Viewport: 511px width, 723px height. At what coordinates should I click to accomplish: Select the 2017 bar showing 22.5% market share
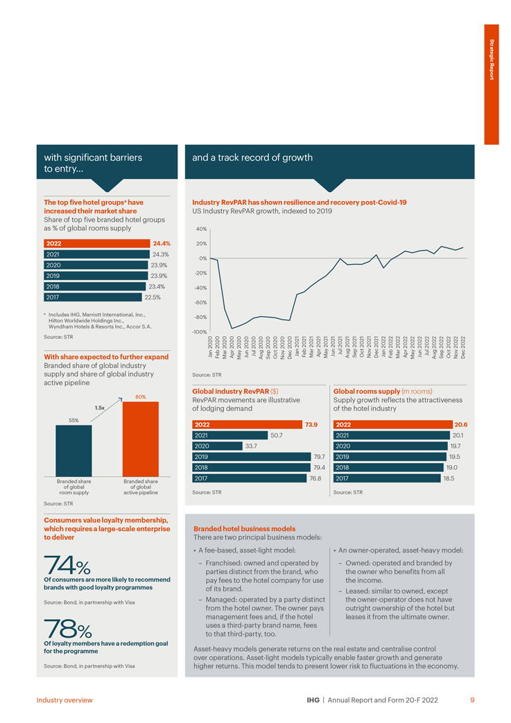[x=92, y=297]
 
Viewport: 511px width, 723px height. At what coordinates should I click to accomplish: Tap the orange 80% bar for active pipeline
[x=140, y=438]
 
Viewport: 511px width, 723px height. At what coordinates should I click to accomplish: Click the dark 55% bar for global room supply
[x=73, y=450]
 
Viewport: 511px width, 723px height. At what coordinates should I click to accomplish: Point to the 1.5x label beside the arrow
[x=99, y=408]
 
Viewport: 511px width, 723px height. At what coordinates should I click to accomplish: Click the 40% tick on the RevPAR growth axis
[x=201, y=229]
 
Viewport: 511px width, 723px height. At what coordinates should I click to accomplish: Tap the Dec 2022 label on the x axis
[x=463, y=347]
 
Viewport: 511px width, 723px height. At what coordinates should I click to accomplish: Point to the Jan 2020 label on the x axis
[x=211, y=347]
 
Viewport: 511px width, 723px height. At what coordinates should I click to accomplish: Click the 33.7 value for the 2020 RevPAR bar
[x=251, y=446]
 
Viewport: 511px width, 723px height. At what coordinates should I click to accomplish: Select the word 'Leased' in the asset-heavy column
[x=358, y=590]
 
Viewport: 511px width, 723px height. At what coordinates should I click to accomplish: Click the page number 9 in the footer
[x=472, y=700]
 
